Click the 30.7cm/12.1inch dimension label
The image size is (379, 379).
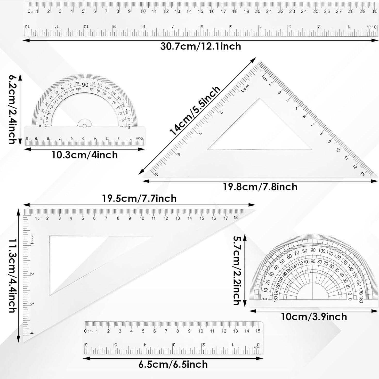click(200, 46)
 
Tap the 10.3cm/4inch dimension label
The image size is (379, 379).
click(85, 155)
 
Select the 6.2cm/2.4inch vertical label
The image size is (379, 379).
click(12, 109)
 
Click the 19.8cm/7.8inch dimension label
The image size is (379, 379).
click(260, 187)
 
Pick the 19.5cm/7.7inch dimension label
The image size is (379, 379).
click(139, 198)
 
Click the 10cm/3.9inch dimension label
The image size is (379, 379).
click(314, 317)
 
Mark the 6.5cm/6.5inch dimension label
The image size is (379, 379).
click(173, 364)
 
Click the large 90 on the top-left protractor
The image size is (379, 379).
click(85, 85)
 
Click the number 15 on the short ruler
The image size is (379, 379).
click(258, 331)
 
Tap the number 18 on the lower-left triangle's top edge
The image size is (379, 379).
click(236, 217)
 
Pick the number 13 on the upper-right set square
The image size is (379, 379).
click(362, 174)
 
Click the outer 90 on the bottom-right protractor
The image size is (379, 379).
click(313, 250)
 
